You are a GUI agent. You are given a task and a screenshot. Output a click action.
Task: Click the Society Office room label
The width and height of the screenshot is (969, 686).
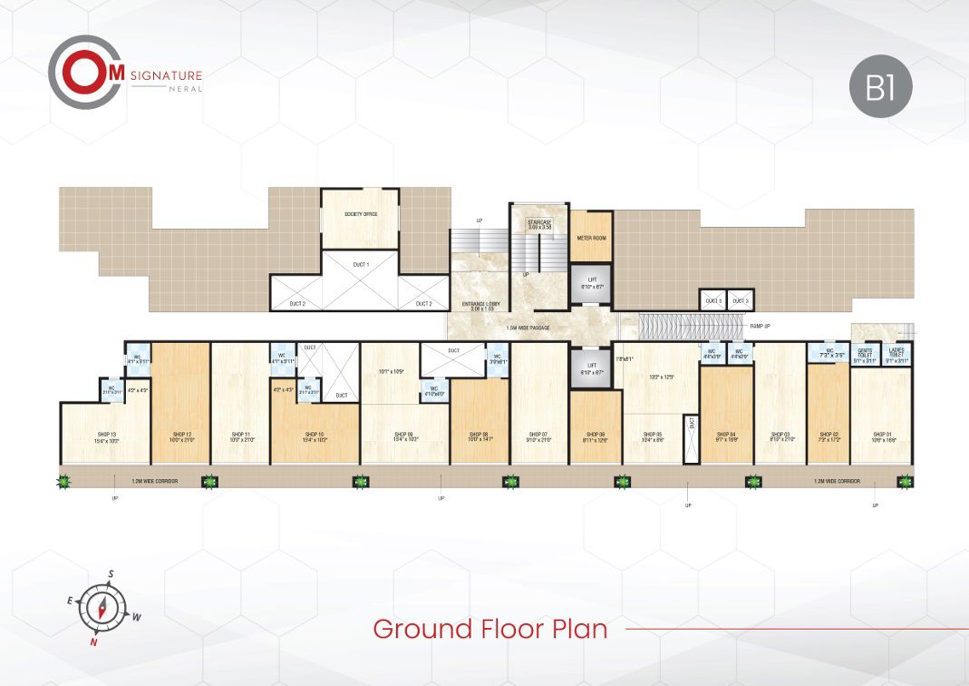click(360, 214)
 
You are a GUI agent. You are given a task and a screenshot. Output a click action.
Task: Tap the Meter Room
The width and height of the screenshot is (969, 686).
click(591, 238)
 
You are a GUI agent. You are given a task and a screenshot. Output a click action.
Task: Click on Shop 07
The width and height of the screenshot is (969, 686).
click(539, 435)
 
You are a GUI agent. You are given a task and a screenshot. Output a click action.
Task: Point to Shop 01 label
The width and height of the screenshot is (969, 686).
click(883, 435)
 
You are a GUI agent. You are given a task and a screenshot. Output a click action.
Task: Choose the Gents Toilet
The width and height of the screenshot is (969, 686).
click(865, 355)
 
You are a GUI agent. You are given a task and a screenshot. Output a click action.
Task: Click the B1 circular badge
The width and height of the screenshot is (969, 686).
click(880, 87)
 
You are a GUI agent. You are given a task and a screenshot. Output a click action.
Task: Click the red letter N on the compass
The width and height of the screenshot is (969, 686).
click(92, 642)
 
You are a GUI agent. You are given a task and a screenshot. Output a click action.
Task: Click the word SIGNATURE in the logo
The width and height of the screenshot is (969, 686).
click(166, 76)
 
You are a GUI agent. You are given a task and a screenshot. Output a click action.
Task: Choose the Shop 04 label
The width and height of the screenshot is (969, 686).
click(726, 435)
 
